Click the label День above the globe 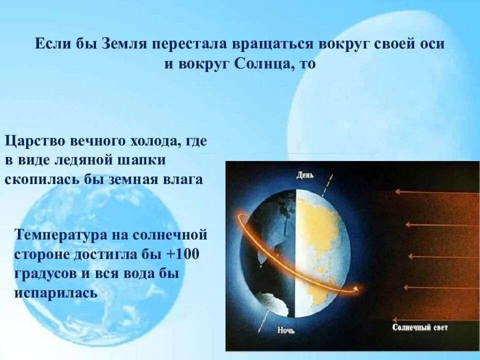point(305,175)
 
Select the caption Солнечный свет point(420,328)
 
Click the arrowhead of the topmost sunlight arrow point(397,191)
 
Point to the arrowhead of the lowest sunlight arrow point(395,319)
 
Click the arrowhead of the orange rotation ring point(356,288)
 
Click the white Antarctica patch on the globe point(277,306)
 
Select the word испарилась point(55,293)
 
